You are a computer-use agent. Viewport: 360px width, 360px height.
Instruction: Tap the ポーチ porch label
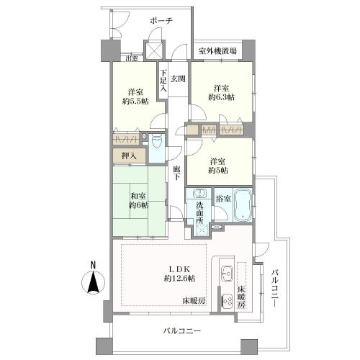pos(161,22)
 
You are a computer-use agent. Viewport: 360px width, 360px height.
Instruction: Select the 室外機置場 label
pos(218,52)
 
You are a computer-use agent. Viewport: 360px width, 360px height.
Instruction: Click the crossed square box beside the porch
pos(153,52)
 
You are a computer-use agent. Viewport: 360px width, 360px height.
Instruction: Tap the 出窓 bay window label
pos(131,59)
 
